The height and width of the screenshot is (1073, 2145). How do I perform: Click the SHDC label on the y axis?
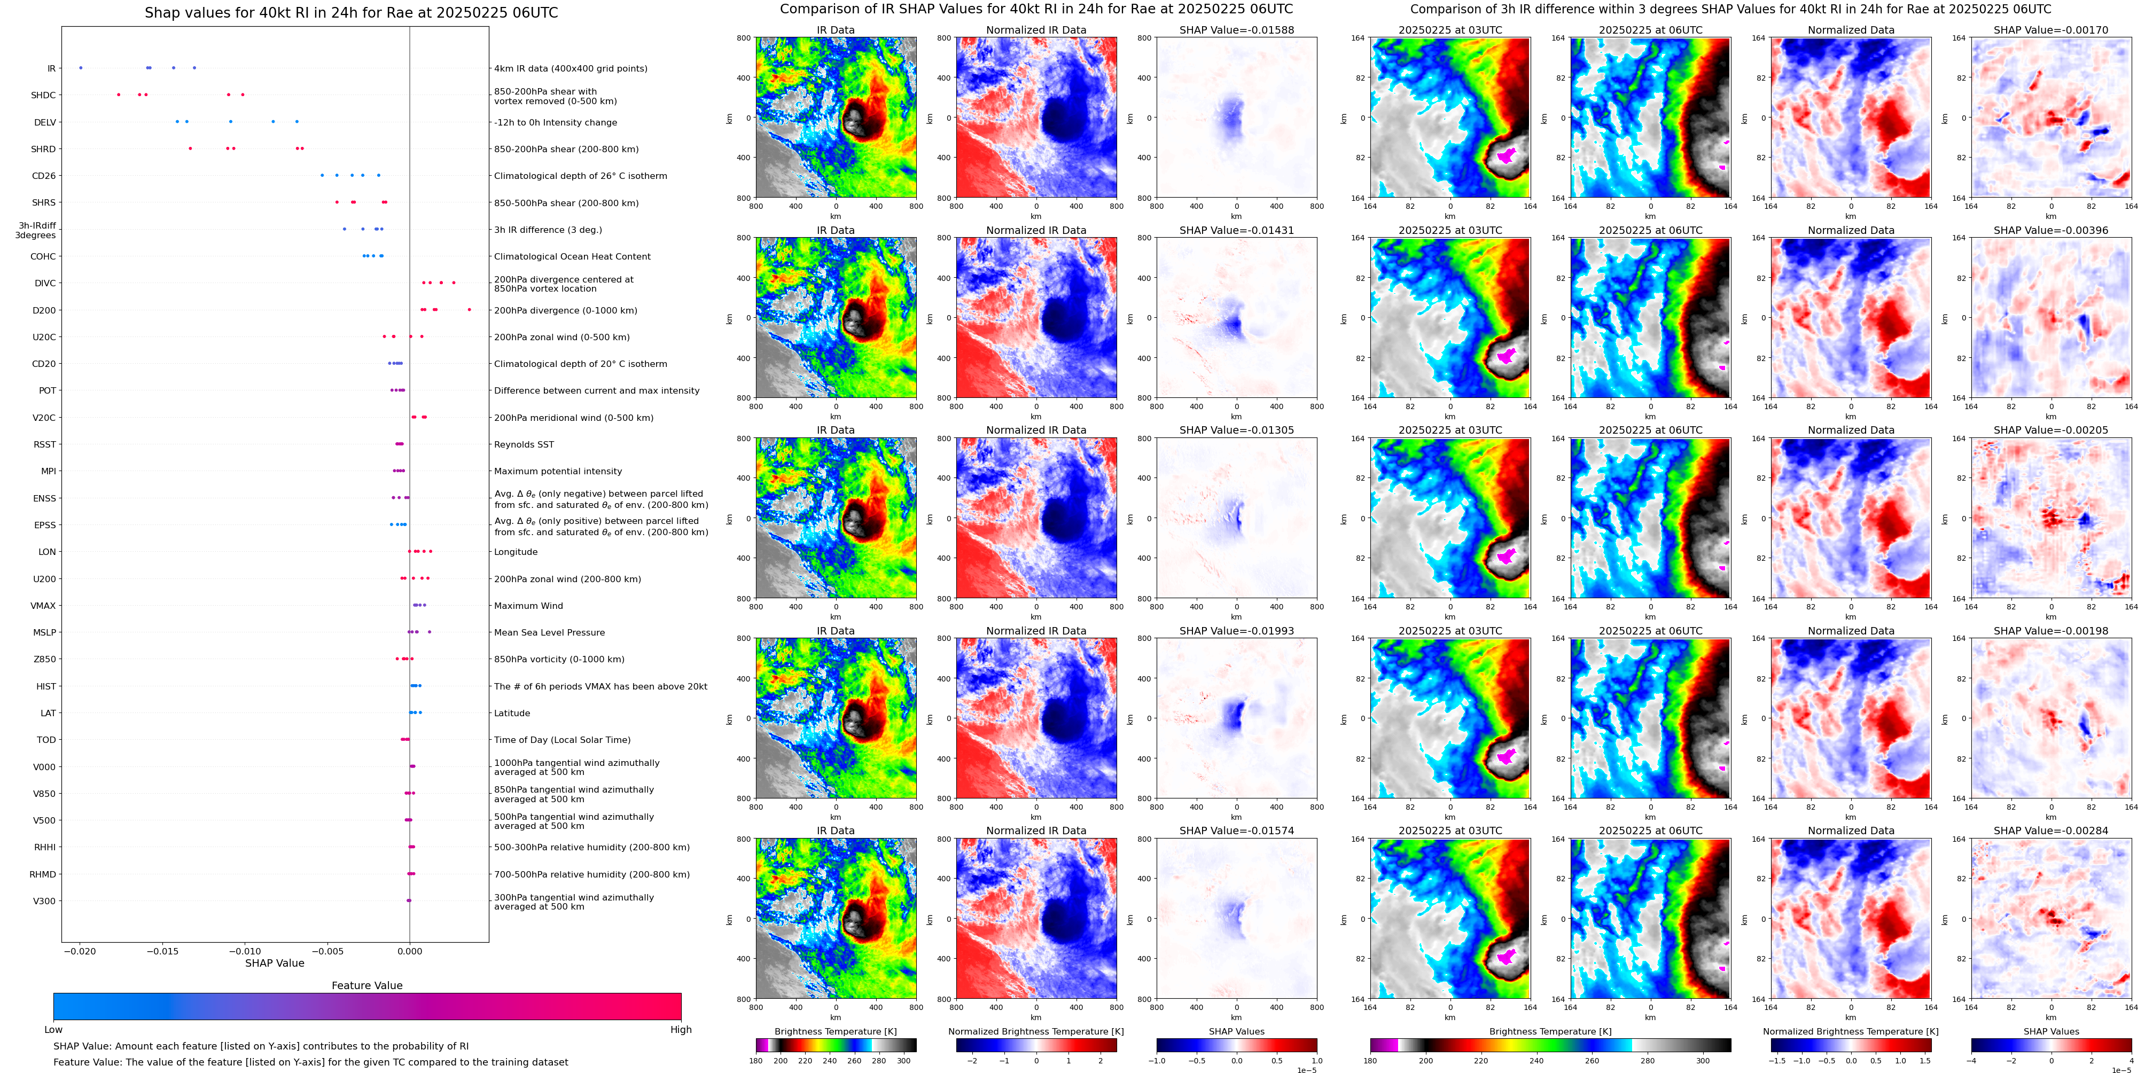point(43,95)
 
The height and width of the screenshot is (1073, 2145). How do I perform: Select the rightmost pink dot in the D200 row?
point(470,310)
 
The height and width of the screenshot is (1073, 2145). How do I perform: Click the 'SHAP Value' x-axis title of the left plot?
point(275,963)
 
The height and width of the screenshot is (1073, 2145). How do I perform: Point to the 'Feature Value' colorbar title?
point(367,985)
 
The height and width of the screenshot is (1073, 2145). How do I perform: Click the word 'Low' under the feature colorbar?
point(53,1030)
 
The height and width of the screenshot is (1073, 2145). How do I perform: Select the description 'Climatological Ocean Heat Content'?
point(572,256)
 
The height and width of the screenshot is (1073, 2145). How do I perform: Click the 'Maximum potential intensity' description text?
point(558,471)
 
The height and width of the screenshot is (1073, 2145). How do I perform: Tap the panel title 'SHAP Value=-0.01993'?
point(1237,631)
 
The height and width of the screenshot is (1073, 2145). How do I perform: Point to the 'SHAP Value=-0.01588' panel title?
point(1237,30)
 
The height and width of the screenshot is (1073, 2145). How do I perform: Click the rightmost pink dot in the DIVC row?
point(454,283)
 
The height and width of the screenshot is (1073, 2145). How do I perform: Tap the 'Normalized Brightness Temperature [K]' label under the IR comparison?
point(1036,1031)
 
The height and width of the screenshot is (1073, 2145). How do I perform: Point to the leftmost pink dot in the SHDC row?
point(119,95)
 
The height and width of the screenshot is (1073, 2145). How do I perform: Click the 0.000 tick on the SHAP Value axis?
point(410,951)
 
